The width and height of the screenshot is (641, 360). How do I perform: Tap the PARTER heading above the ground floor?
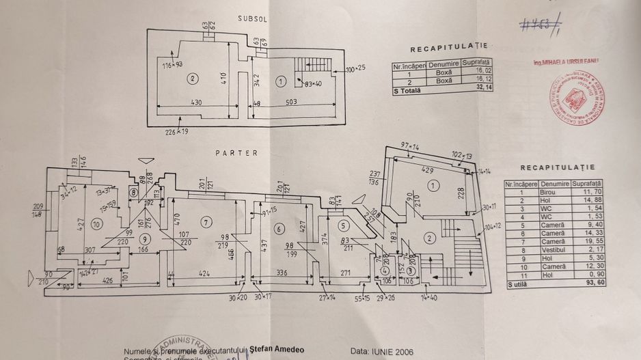[237, 153]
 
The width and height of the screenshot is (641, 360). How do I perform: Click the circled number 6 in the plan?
[279, 228]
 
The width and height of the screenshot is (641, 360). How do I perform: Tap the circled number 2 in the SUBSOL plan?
[193, 79]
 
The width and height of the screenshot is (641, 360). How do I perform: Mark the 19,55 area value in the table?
[592, 242]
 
